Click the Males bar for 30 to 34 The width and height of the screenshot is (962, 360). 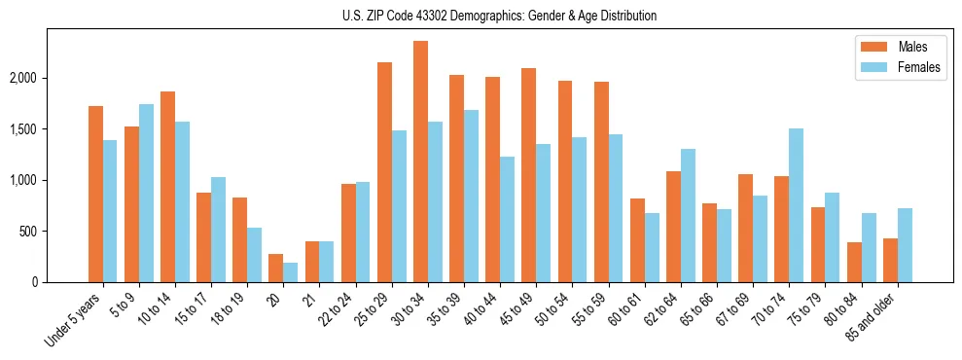pyautogui.click(x=420, y=162)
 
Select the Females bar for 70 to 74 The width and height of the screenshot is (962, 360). pyautogui.click(x=796, y=205)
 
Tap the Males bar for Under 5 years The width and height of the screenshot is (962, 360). pyautogui.click(x=95, y=194)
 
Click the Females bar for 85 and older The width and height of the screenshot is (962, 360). pyautogui.click(x=905, y=245)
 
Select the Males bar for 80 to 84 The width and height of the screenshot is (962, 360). pyautogui.click(x=854, y=262)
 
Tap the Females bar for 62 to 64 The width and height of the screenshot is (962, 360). pyautogui.click(x=688, y=215)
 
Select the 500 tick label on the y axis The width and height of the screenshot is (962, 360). pyautogui.click(x=54, y=232)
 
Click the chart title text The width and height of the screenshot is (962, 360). pyautogui.click(x=500, y=16)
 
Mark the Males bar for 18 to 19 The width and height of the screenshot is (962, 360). pyautogui.click(x=240, y=239)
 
